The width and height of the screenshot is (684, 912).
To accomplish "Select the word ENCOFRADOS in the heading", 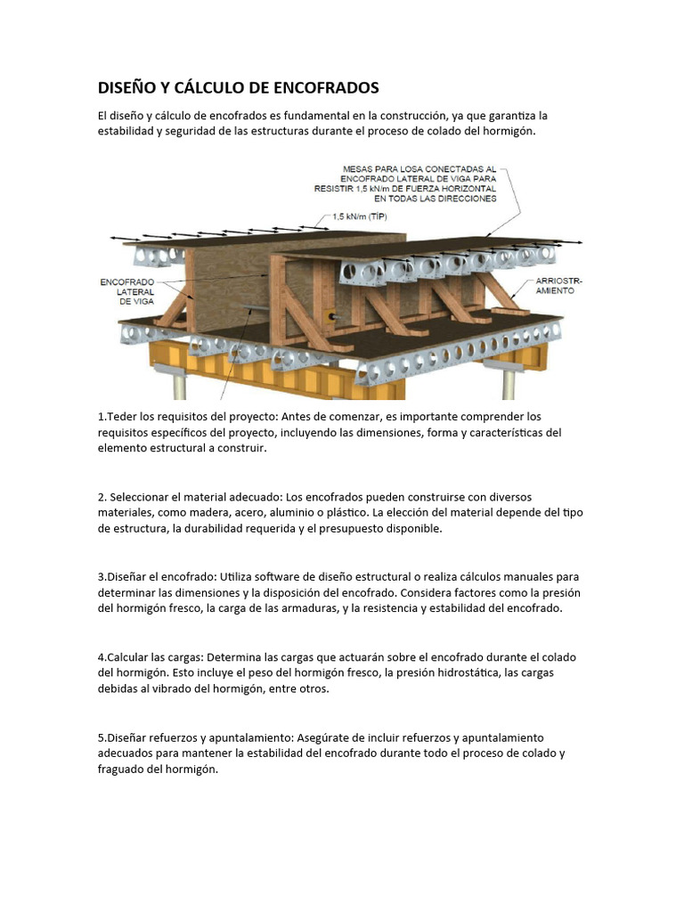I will (325, 87).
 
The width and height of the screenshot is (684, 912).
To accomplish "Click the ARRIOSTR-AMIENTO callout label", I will (561, 285).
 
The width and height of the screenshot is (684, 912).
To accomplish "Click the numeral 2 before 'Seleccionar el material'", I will (101, 496).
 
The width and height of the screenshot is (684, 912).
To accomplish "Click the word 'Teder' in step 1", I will (121, 417).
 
